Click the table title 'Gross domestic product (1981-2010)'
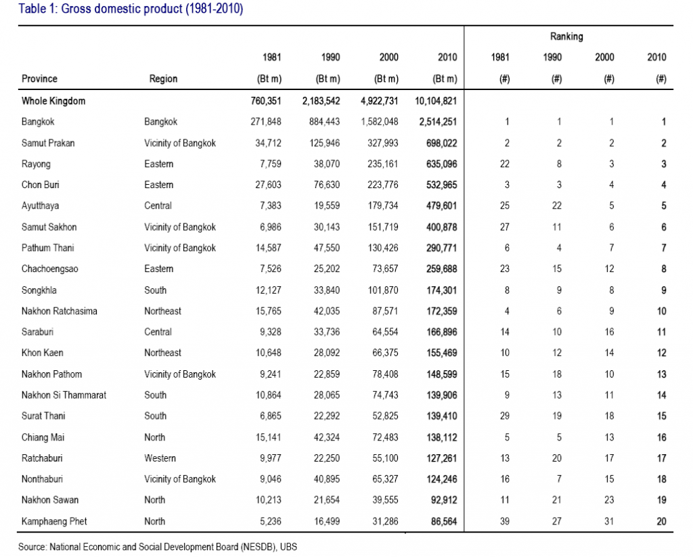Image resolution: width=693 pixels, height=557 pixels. (x=152, y=9)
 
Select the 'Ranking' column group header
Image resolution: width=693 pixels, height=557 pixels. (x=566, y=37)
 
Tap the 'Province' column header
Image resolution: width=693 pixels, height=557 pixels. (x=39, y=79)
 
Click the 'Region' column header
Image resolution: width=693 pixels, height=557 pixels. (x=163, y=79)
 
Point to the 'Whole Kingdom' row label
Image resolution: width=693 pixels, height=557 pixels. (x=53, y=101)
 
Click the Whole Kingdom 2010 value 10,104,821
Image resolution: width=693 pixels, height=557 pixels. (x=436, y=101)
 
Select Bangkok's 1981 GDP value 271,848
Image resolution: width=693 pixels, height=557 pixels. (x=265, y=122)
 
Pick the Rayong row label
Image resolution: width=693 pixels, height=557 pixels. (x=36, y=164)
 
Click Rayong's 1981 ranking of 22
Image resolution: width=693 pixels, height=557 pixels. (x=505, y=164)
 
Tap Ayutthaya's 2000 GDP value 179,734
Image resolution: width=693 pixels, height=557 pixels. (x=383, y=206)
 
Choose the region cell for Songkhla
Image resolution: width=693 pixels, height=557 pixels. (x=155, y=290)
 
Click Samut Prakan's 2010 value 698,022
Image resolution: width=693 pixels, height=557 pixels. (x=441, y=143)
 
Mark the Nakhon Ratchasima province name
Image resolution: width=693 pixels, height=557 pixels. (x=60, y=311)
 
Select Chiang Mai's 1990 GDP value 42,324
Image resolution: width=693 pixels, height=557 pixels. (x=327, y=437)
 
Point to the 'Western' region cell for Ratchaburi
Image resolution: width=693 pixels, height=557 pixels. (x=160, y=458)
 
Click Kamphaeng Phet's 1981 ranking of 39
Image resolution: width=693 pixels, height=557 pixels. (x=505, y=521)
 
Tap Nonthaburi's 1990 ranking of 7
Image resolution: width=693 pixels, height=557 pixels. (x=559, y=478)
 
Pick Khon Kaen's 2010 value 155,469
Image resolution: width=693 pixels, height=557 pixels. (x=441, y=353)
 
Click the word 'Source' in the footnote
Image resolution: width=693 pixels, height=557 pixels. (x=32, y=547)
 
